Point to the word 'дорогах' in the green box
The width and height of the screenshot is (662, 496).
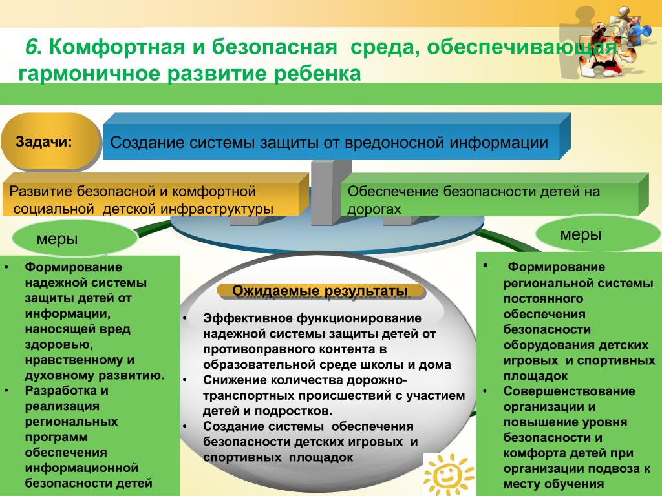pos(374,209)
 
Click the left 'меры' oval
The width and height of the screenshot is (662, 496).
pos(74,239)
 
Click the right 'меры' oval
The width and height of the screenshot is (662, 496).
pos(597,234)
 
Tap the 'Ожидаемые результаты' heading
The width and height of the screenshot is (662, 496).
pos(320,291)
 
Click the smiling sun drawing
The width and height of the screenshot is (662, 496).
pos(449,475)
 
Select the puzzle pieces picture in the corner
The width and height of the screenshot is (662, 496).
pos(608,41)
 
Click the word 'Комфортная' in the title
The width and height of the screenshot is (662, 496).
pos(117,46)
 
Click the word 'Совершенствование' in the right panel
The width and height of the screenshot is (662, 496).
pos(569,391)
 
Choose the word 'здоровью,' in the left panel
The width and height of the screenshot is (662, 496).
pos(59,345)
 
